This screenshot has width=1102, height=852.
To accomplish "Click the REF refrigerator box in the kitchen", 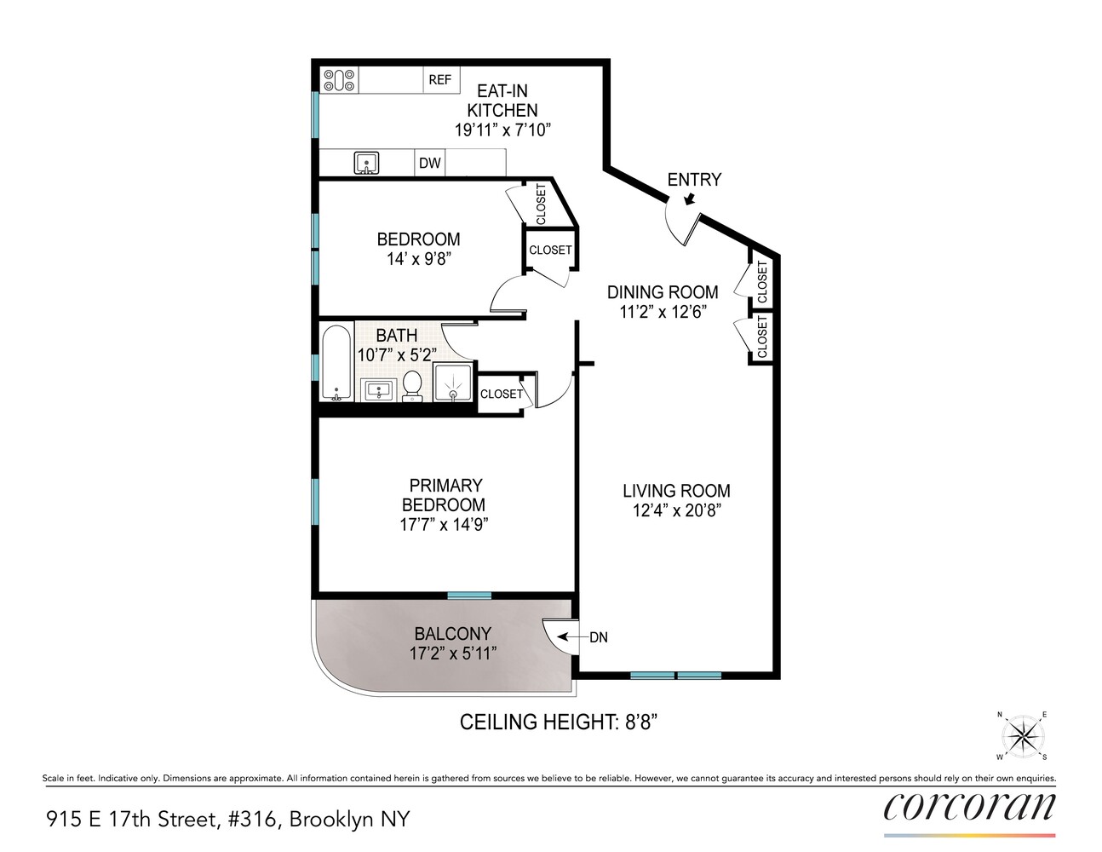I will tap(440, 80).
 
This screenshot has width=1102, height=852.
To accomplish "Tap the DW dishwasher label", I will tap(430, 163).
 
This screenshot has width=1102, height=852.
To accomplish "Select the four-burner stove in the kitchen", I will tap(339, 80).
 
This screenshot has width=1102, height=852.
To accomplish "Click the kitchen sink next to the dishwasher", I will tap(367, 163).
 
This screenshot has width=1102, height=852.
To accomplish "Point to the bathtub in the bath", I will tap(336, 362).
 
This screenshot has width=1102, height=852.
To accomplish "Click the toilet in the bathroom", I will tap(412, 384).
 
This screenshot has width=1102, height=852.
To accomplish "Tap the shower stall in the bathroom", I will tap(453, 382).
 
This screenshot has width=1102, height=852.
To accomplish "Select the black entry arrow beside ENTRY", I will tap(691, 199).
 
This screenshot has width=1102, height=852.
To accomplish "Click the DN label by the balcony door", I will tap(599, 637).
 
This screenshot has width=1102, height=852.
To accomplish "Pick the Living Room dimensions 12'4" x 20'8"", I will tap(676, 511).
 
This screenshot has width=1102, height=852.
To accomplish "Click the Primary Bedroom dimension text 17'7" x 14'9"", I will tap(444, 525).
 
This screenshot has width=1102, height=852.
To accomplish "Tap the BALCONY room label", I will tap(452, 634).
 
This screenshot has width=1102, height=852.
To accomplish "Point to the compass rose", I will tap(1022, 735).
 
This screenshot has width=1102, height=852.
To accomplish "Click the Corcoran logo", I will tap(969, 806).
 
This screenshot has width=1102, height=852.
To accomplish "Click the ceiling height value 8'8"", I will tap(639, 722).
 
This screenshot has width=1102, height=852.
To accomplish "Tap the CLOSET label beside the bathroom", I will tap(501, 394).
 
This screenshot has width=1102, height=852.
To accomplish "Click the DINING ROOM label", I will tap(663, 292).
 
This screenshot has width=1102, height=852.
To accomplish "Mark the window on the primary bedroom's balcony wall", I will tap(469, 595).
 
